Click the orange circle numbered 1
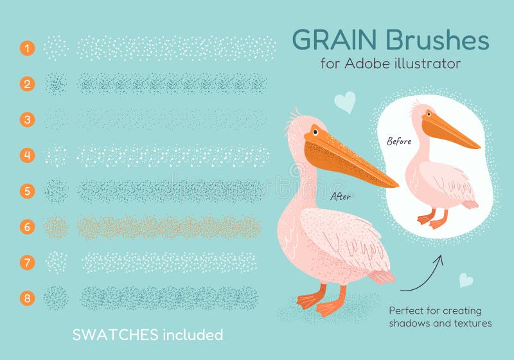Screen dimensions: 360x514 coord(27,48)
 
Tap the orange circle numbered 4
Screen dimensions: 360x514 coord(27,155)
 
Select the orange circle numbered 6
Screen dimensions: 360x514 coord(27,226)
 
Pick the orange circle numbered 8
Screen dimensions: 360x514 coord(27,298)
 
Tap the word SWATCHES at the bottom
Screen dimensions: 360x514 coord(114,335)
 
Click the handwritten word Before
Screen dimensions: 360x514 coord(399,140)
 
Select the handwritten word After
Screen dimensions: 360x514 coord(341,197)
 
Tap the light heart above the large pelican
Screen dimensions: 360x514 coord(345,102)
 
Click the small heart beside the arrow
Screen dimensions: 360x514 coord(466,280)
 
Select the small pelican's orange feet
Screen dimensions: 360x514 coord(432,219)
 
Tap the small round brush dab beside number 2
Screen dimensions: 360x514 coord(56,84)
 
